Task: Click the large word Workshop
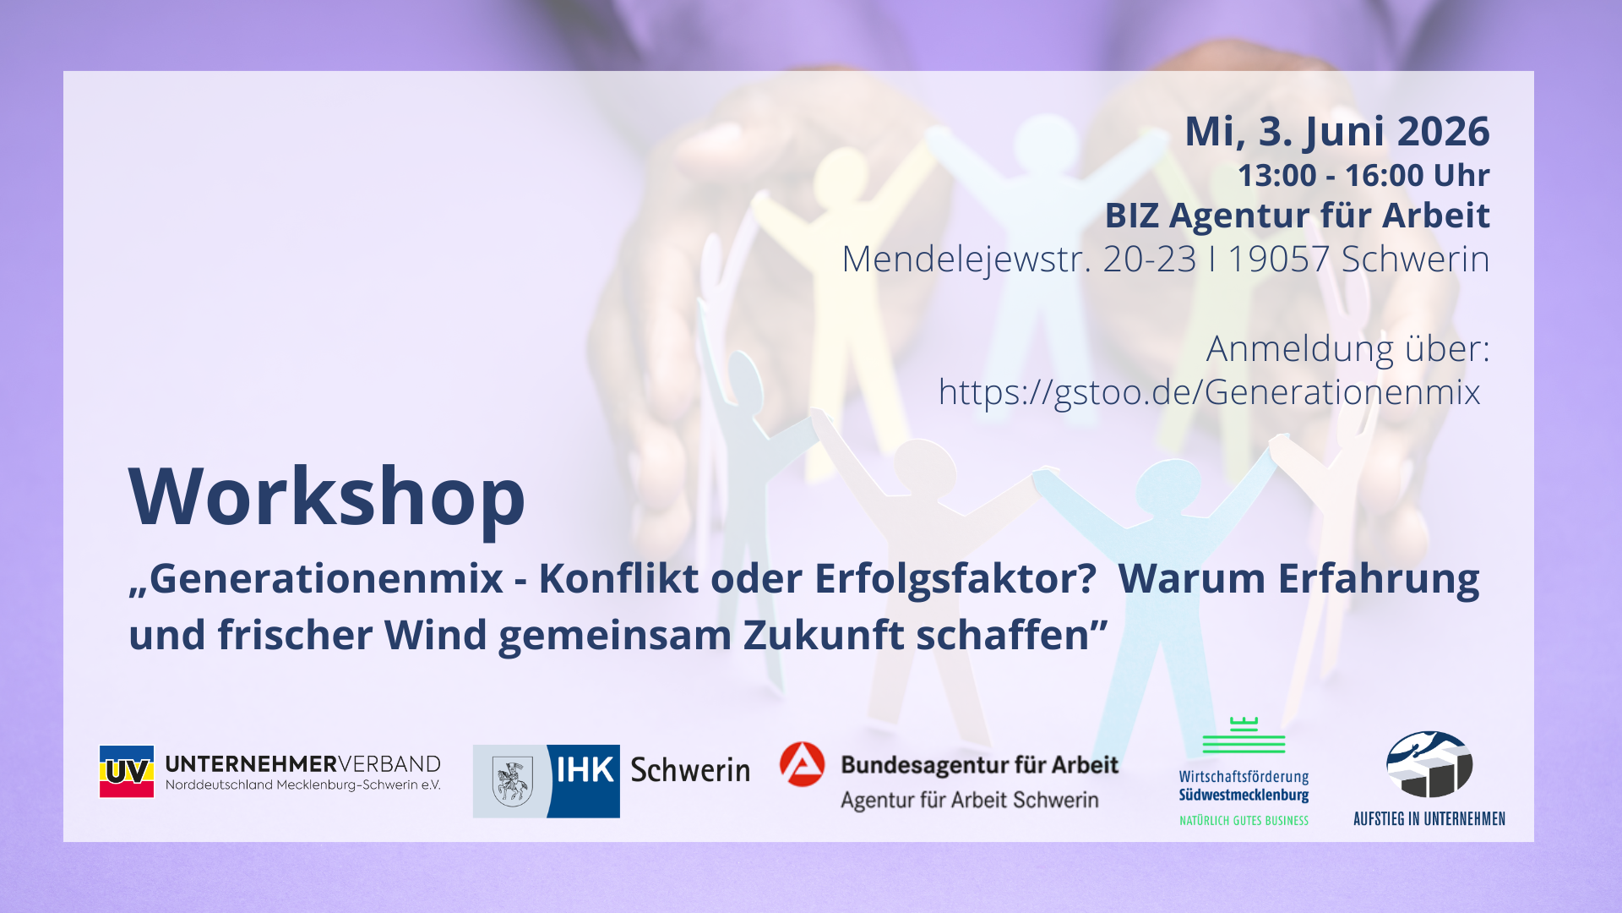tap(327, 497)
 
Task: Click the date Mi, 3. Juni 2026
tap(1336, 132)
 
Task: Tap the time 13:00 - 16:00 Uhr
tap(1363, 176)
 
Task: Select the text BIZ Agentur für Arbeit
tap(1297, 216)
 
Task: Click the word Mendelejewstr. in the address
tap(961, 259)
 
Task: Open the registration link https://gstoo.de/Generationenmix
tap(1209, 392)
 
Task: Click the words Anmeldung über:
tap(1347, 348)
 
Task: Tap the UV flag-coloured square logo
tap(127, 771)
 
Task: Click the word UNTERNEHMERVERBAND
tap(302, 764)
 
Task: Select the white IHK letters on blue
tap(585, 771)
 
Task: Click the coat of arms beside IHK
tap(511, 781)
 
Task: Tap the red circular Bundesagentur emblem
tap(802, 764)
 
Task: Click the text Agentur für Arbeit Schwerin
tap(969, 800)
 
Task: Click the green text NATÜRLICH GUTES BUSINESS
tap(1244, 820)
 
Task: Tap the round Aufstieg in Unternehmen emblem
tap(1429, 764)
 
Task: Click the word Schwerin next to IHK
tap(690, 770)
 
